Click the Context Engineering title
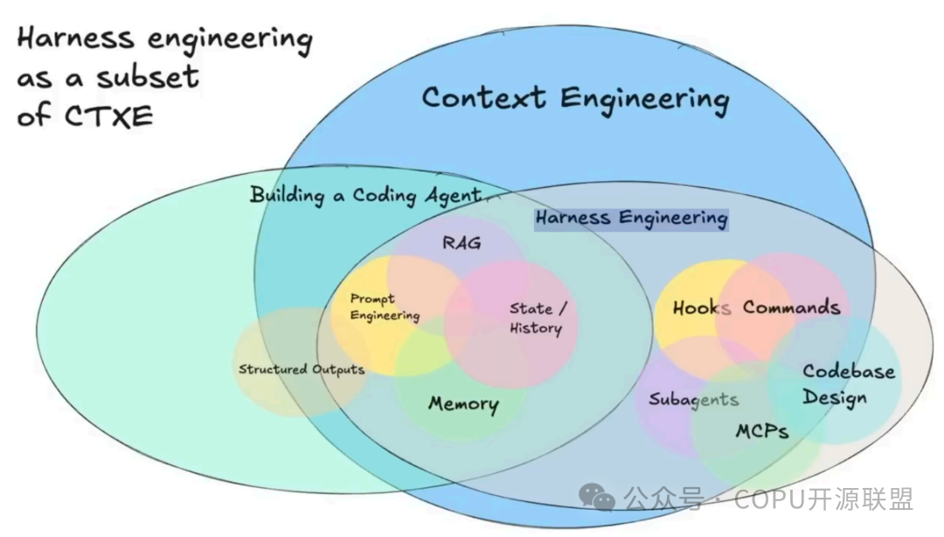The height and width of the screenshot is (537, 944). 575,100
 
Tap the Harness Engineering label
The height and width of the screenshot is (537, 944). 632,218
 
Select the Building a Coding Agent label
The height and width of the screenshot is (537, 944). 366,196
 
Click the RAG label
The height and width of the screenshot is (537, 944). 462,243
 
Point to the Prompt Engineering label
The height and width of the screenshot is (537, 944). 385,307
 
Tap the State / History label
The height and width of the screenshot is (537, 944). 538,318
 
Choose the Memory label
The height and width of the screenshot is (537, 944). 463,404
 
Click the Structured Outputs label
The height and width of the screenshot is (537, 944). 302,369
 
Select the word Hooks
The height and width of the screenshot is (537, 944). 702,308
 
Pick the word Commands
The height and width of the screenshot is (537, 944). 791,307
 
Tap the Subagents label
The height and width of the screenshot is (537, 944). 693,400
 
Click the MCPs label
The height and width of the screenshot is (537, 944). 762,431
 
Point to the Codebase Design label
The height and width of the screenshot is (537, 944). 849,384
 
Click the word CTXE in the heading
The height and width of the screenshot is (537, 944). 109,115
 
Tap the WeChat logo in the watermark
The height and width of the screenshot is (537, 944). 597,498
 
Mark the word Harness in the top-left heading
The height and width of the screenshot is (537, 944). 75,38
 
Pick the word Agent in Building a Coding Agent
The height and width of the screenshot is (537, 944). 454,197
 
